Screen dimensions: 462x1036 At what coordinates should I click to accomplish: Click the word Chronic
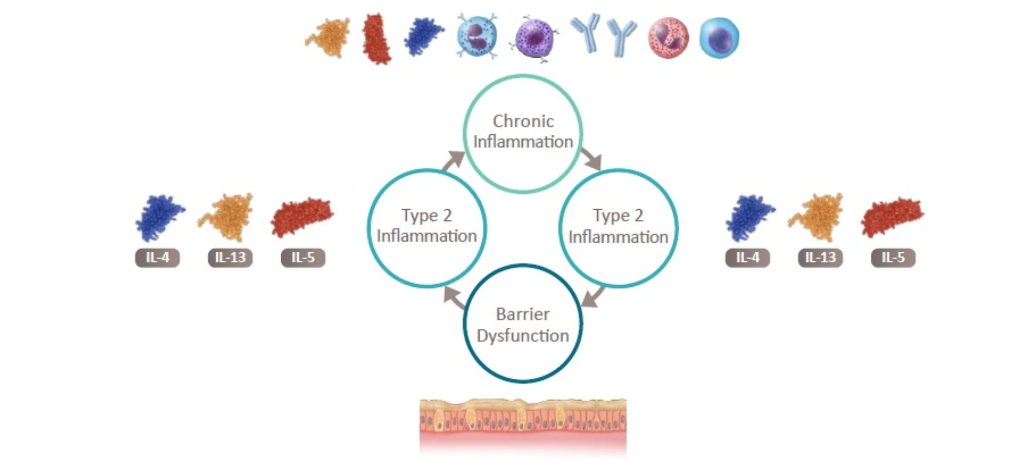[x=523, y=121]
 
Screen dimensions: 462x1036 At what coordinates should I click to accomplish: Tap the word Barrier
[x=522, y=314]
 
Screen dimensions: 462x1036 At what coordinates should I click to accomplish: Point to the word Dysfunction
[x=522, y=335]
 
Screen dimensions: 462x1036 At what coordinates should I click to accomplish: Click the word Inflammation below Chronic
[x=523, y=142]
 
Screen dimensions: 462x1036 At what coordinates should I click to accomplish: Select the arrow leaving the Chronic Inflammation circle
[x=592, y=159]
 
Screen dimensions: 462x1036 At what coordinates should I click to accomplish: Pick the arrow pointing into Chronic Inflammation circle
[x=454, y=160]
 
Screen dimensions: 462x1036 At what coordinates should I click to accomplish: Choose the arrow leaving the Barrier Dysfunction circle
[x=454, y=298]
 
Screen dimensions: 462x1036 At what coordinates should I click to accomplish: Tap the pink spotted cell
[x=668, y=38]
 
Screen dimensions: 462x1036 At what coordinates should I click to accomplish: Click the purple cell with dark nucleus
[x=534, y=38]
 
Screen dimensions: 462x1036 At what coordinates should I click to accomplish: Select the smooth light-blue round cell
[x=719, y=37]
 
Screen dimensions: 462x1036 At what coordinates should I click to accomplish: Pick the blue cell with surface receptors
[x=477, y=37]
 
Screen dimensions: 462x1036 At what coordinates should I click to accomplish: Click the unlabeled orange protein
[x=329, y=37]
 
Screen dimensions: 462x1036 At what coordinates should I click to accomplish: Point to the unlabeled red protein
[x=376, y=39]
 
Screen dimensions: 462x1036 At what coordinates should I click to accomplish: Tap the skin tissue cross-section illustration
[x=523, y=425]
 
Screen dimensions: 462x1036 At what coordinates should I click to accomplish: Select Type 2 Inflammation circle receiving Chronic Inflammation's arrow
[x=618, y=227]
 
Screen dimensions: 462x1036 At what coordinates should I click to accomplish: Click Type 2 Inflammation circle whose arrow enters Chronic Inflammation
[x=426, y=227]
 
